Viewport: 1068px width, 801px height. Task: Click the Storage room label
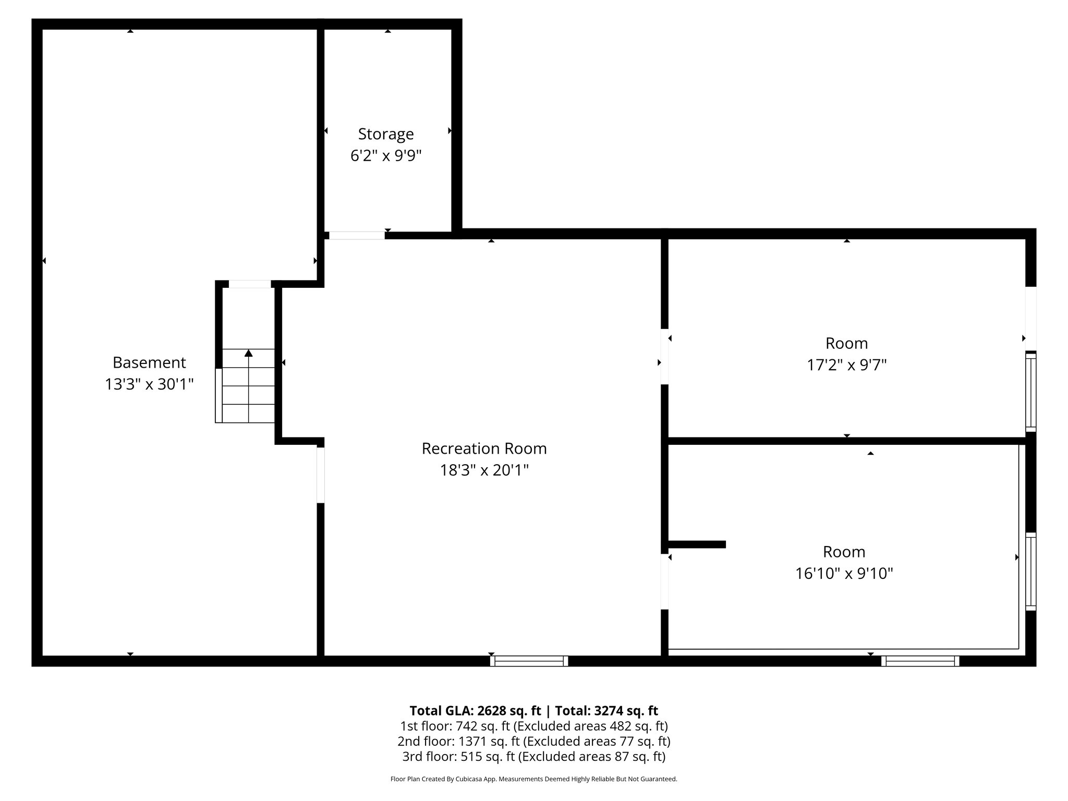pos(386,134)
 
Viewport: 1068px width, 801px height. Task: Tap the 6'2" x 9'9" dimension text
pos(386,156)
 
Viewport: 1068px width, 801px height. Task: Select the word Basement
pos(149,362)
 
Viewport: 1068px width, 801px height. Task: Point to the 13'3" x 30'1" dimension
pos(149,384)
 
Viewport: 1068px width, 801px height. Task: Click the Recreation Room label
pos(484,448)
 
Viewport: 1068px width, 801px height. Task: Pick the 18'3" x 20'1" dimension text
pos(484,470)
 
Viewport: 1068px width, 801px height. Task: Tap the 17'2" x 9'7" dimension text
pos(846,365)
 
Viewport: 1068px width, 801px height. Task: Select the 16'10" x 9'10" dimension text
pos(844,574)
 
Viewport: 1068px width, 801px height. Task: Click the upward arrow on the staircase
pos(249,354)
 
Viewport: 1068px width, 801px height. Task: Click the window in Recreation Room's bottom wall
pos(529,661)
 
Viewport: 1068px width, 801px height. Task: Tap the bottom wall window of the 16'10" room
pos(920,661)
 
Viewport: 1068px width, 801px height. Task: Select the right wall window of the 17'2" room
pos(1030,392)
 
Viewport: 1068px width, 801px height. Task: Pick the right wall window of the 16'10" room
pos(1030,572)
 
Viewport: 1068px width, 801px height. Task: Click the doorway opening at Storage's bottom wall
pos(357,236)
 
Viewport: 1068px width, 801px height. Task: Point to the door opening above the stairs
pos(250,284)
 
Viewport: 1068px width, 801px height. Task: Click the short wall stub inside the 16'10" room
pos(697,544)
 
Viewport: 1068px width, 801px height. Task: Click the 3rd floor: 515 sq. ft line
pos(533,756)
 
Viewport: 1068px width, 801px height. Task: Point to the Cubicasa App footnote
pos(533,779)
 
